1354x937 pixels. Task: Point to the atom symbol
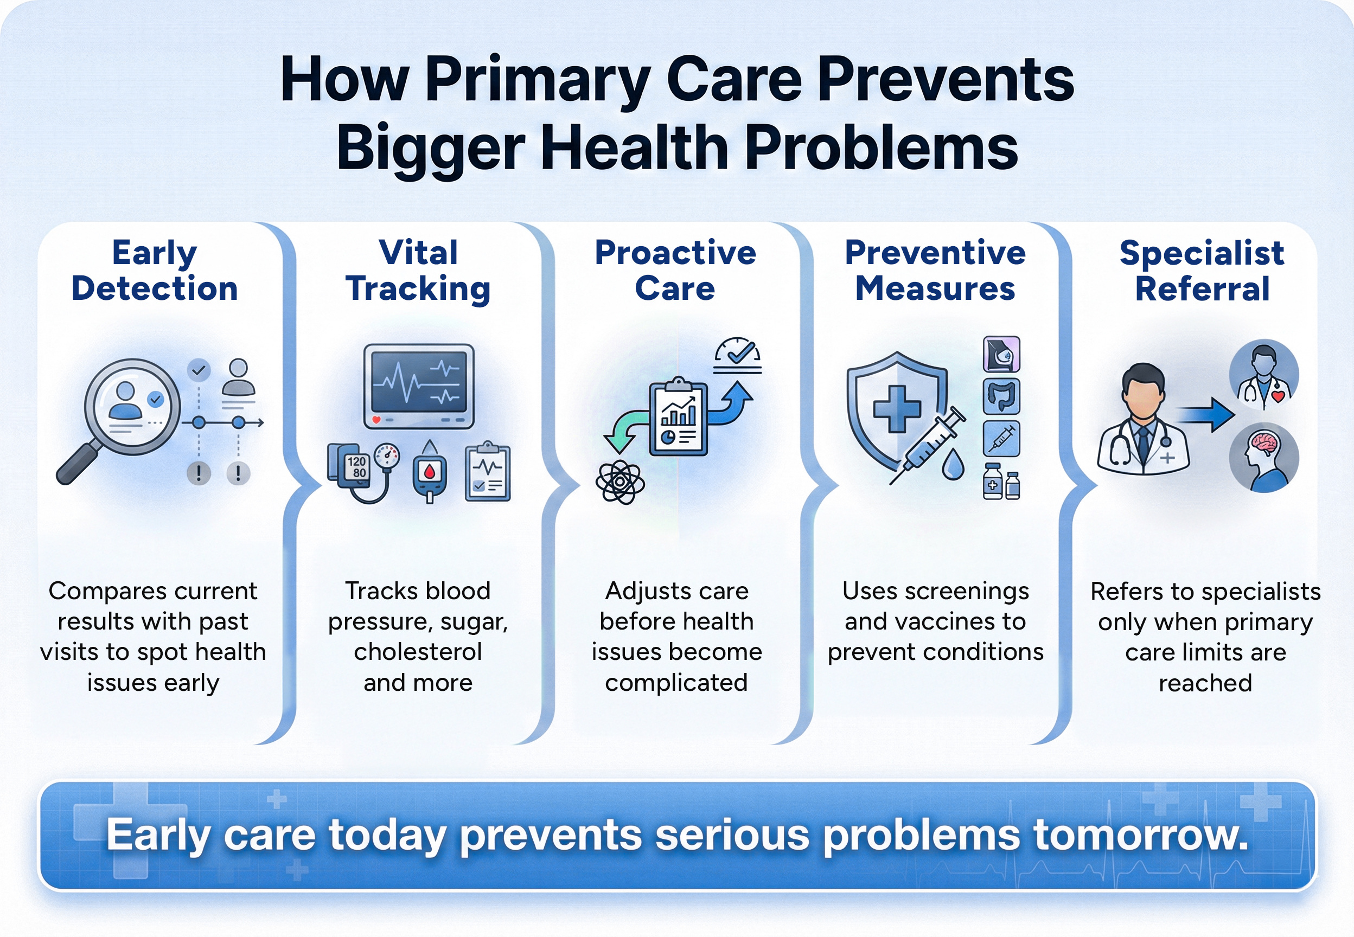click(620, 483)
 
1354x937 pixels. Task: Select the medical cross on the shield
click(897, 409)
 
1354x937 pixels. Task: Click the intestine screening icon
click(1001, 396)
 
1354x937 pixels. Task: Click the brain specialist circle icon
click(1263, 457)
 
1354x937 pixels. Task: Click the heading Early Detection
click(155, 271)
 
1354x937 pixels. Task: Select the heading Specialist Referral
click(1202, 271)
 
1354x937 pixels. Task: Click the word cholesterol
click(418, 652)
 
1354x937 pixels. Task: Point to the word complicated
click(676, 683)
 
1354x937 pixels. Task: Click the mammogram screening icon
click(1001, 354)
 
